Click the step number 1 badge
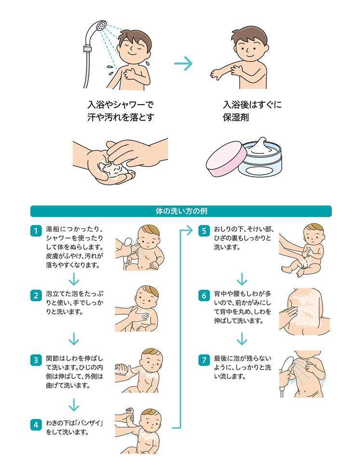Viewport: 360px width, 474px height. pyautogui.click(x=36, y=231)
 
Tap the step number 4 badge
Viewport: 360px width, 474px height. pyautogui.click(x=36, y=425)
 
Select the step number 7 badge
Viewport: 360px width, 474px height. pyautogui.click(x=204, y=360)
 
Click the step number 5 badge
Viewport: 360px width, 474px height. pyautogui.click(x=204, y=231)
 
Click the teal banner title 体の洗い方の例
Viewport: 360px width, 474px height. pyautogui.click(x=181, y=211)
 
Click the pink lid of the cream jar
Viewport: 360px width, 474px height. pyautogui.click(x=226, y=159)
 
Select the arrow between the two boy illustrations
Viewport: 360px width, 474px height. pyautogui.click(x=183, y=64)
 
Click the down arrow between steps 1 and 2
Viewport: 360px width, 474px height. pyautogui.click(x=74, y=279)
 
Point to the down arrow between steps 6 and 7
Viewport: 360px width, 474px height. pyautogui.click(x=242, y=338)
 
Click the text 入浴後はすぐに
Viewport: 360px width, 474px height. pyautogui.click(x=252, y=105)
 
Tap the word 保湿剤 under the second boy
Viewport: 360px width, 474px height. pyautogui.click(x=236, y=117)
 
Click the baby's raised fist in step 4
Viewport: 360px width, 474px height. pyautogui.click(x=130, y=411)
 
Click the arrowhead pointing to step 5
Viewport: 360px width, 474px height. pyautogui.click(x=190, y=231)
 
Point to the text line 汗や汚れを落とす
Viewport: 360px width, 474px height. pyautogui.click(x=121, y=117)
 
